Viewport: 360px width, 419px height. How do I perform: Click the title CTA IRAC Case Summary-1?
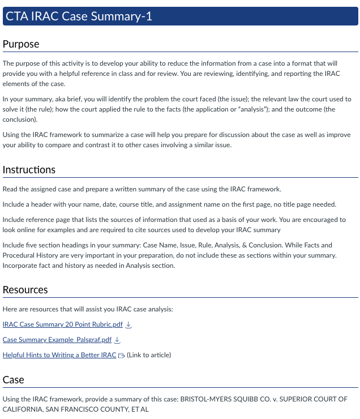pyautogui.click(x=79, y=16)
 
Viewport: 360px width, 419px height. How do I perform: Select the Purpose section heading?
pyautogui.click(x=21, y=44)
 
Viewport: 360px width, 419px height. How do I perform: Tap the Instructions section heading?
pyautogui.click(x=29, y=170)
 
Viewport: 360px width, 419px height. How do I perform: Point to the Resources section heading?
pyautogui.click(x=25, y=290)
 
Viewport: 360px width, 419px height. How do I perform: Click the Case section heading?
pyautogui.click(x=14, y=380)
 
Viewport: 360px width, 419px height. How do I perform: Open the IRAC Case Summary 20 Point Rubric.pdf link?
pyautogui.click(x=62, y=324)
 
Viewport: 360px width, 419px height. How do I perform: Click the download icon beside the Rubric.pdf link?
pyautogui.click(x=128, y=324)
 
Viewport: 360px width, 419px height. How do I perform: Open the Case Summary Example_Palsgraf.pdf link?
pyautogui.click(x=57, y=340)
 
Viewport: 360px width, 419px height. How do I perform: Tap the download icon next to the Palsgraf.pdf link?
pyautogui.click(x=118, y=340)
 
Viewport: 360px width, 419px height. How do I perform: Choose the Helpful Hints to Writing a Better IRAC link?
pyautogui.click(x=59, y=355)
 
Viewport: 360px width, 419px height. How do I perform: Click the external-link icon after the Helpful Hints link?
pyautogui.click(x=121, y=356)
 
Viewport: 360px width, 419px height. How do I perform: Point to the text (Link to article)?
pyautogui.click(x=149, y=355)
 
